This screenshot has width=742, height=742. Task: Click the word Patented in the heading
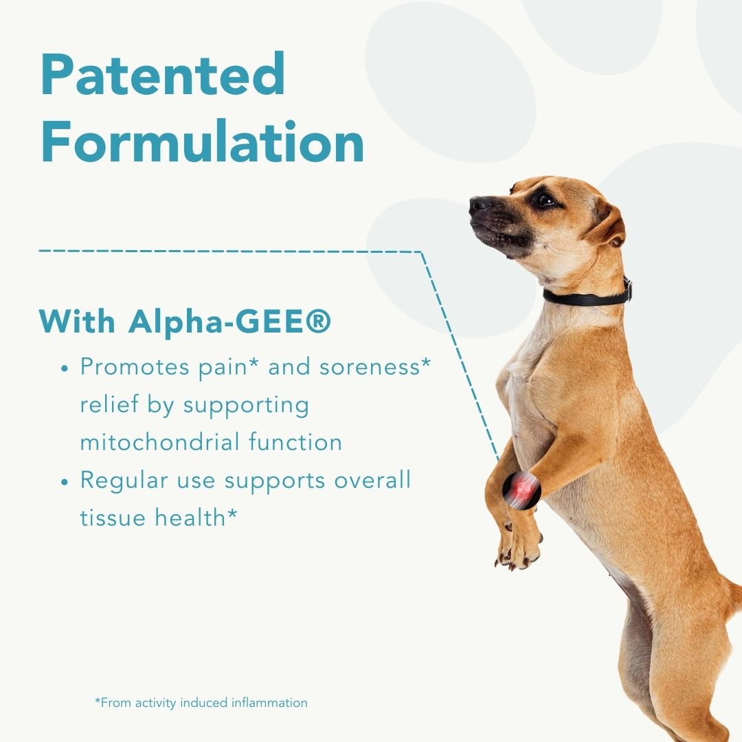[x=164, y=74]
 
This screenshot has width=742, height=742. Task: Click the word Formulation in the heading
[x=203, y=142]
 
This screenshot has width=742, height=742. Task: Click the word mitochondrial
[x=160, y=442]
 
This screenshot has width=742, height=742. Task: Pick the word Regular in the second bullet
[x=124, y=481]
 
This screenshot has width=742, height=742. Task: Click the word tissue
[x=113, y=517]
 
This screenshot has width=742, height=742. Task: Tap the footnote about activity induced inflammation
[x=201, y=703]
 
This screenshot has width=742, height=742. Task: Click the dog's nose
[x=480, y=204]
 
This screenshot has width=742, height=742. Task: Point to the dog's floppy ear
[x=607, y=224]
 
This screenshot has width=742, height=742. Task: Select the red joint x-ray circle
[x=521, y=491]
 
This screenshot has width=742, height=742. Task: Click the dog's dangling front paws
[x=518, y=544]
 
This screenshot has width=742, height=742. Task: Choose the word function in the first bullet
[x=295, y=442]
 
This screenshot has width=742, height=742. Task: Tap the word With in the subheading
[x=77, y=322]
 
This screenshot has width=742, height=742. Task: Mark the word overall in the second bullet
[x=373, y=480]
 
